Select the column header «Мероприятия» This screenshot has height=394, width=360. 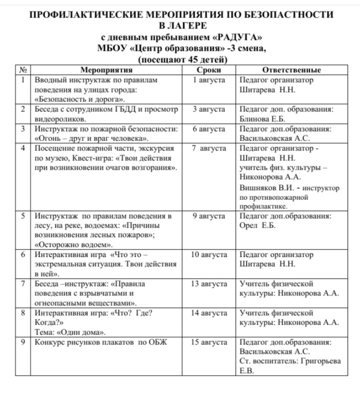pos(106,70)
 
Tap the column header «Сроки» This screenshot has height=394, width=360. pos(209,70)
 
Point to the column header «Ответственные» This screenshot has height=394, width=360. pos(291,70)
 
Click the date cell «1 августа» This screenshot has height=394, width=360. pos(209,80)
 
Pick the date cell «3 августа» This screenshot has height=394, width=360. pos(209,109)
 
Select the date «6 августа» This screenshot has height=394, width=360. pos(209,128)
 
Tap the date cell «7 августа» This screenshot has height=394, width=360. pos(209,148)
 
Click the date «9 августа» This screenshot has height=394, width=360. pos(209,216)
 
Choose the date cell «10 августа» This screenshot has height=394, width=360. pos(209,255)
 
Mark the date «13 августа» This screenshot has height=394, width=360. pos(209,284)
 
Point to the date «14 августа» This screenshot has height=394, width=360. pos(209,313)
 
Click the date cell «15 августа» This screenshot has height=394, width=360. pos(209,342)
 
